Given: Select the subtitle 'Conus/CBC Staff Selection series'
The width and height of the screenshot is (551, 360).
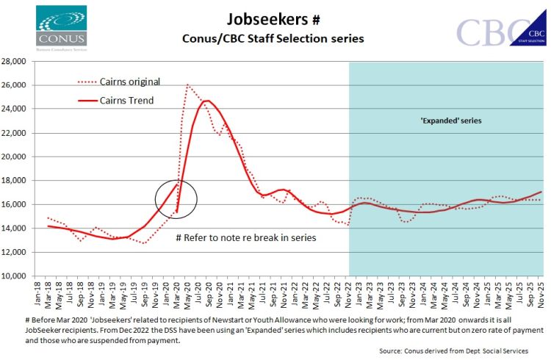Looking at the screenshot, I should pyautogui.click(x=273, y=39).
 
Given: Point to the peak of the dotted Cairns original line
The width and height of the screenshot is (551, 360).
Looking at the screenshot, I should pyautogui.click(x=188, y=85).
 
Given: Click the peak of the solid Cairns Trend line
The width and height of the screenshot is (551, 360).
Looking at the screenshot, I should pyautogui.click(x=206, y=101).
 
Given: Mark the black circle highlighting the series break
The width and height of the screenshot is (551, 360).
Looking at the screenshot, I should pyautogui.click(x=176, y=199).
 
